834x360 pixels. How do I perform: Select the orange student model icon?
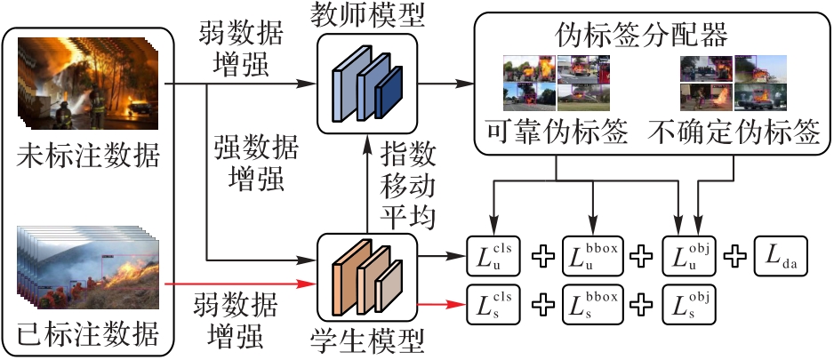click(366, 275)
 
